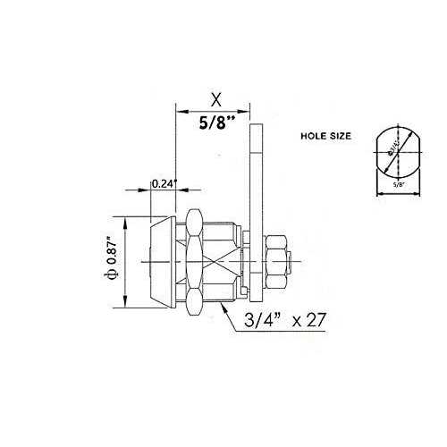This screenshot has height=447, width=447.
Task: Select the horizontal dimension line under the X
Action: point(214,111)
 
